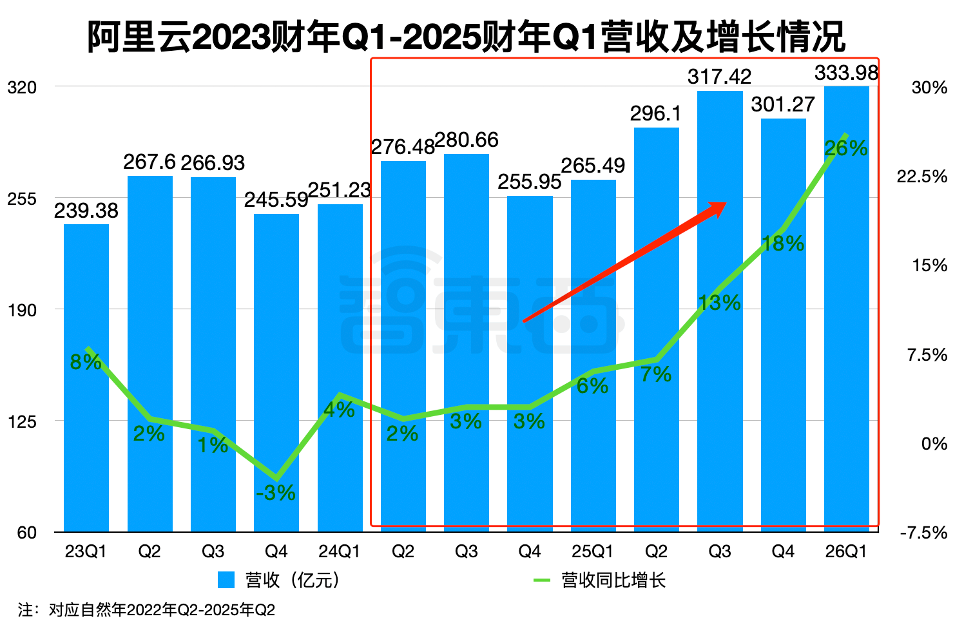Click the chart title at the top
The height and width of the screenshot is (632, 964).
(466, 37)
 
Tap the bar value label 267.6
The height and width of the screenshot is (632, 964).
(149, 162)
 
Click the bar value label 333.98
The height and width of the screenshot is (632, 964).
(846, 73)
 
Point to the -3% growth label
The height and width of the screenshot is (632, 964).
(276, 493)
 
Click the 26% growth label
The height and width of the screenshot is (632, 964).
(846, 149)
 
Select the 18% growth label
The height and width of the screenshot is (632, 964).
(783, 244)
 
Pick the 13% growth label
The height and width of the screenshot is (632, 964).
(719, 303)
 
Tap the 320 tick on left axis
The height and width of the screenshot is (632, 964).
(22, 87)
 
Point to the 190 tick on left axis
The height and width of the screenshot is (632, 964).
(22, 310)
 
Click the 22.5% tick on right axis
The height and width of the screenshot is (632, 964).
(921, 177)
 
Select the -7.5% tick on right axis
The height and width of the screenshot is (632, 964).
(923, 533)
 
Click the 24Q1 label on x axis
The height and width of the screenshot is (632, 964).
(340, 552)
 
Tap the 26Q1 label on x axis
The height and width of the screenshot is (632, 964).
(846, 552)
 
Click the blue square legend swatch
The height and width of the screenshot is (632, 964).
(226, 580)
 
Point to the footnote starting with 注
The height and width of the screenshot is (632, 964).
(147, 609)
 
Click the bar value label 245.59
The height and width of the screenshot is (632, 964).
(276, 200)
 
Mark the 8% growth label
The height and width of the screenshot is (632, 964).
(86, 362)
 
